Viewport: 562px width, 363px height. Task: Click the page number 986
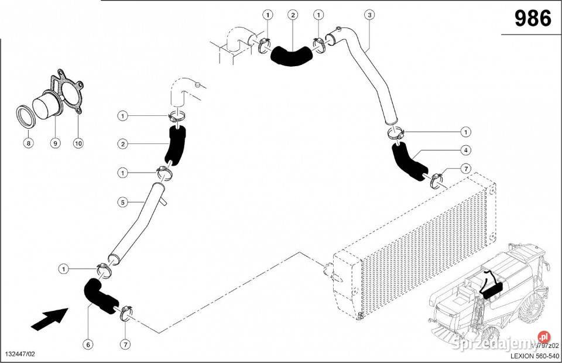[x=533, y=18]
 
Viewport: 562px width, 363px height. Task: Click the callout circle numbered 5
[x=122, y=203]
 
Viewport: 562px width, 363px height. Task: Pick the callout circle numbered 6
[x=88, y=345]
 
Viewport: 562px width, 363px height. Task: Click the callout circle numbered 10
[x=78, y=142]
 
